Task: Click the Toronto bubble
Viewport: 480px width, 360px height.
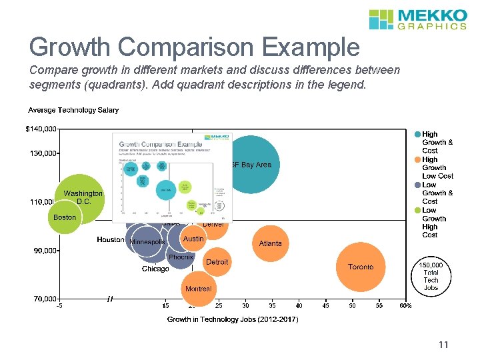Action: coord(361,267)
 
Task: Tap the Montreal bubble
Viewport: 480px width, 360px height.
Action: coord(198,289)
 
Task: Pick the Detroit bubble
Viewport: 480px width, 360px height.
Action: coord(217,263)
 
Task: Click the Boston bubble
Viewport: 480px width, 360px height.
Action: coord(65,217)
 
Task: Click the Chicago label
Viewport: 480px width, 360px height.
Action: coord(155,269)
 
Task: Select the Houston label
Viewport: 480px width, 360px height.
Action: coord(111,239)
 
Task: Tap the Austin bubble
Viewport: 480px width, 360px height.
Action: coord(193,239)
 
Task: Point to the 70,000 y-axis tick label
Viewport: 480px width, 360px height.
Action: coord(45,299)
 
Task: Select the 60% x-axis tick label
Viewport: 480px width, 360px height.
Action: coord(405,306)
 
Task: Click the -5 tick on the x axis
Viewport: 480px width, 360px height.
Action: coord(59,306)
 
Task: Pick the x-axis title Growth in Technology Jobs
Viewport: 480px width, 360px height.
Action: coord(232,319)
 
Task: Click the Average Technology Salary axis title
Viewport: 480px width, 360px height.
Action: coord(73,110)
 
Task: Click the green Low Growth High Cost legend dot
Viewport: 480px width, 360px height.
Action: coord(417,210)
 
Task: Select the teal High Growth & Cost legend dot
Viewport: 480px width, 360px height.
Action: coord(417,134)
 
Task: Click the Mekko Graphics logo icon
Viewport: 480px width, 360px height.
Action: coord(381,19)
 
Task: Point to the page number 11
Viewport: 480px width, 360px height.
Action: coord(443,345)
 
